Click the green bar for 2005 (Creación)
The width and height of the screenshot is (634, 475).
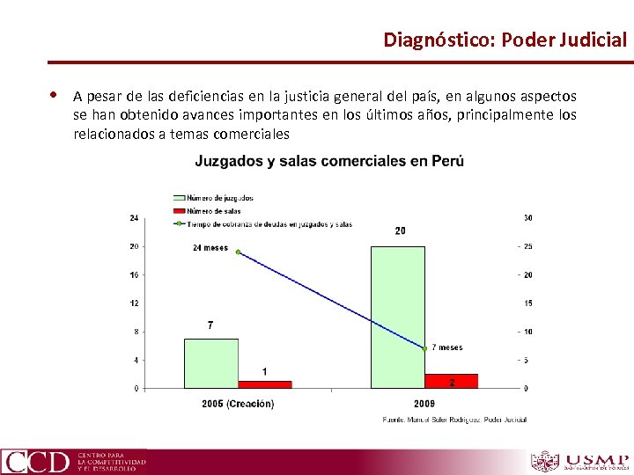click(x=210, y=362)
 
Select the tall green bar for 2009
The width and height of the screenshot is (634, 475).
click(x=397, y=317)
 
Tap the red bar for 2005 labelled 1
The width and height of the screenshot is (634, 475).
click(x=264, y=384)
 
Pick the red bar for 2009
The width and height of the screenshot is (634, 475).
click(x=451, y=381)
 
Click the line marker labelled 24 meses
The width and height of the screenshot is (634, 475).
click(x=238, y=252)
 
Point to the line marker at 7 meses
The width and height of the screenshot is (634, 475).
click(x=424, y=348)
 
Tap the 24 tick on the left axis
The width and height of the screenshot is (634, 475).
click(x=134, y=217)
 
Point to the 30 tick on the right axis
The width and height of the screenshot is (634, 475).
click(x=527, y=217)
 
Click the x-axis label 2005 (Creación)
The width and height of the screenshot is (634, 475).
click(x=238, y=404)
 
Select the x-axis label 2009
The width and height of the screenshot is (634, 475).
click(x=424, y=404)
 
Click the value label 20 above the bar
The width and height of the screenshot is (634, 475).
click(x=400, y=231)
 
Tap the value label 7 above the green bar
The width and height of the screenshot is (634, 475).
click(x=210, y=325)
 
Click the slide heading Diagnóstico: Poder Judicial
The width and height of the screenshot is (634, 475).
click(x=505, y=40)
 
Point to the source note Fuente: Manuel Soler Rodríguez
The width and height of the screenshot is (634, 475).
click(x=454, y=420)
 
